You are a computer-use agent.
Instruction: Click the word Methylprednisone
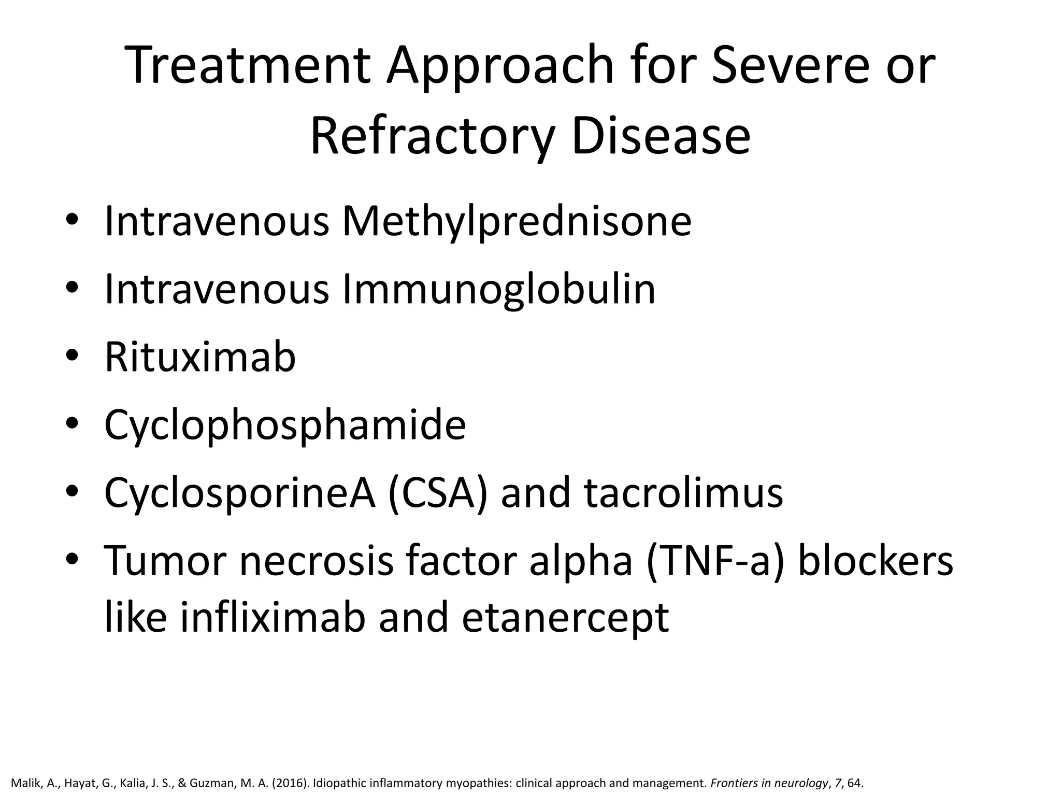tap(517, 222)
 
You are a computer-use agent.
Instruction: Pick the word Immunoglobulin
tap(498, 289)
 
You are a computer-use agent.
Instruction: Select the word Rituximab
tap(200, 357)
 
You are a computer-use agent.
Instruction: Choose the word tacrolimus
tap(683, 493)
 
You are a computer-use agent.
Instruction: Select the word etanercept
tap(565, 619)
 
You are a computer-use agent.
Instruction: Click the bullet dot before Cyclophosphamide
tap(72, 424)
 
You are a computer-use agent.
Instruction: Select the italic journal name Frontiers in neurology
tap(769, 783)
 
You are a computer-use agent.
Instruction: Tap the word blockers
tap(875, 561)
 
